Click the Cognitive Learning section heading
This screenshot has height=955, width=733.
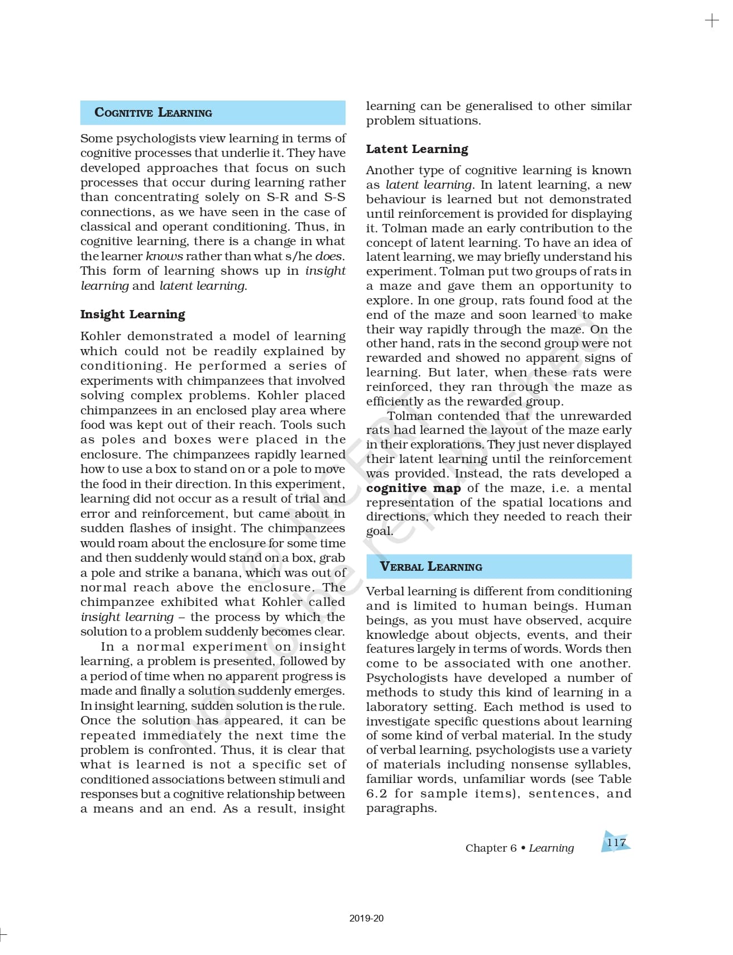click(x=154, y=112)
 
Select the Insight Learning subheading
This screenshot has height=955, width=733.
click(x=132, y=314)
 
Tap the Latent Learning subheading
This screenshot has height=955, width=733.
click(x=417, y=149)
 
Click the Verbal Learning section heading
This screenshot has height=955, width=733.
click(x=430, y=566)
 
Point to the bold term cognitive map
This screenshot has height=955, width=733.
click(x=413, y=488)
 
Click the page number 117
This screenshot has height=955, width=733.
click(x=616, y=842)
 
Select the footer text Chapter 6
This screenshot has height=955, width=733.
click(x=491, y=848)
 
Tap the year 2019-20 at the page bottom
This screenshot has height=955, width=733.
click(x=366, y=918)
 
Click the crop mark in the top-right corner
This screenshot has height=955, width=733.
click(x=712, y=21)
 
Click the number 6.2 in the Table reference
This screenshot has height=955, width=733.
click(x=377, y=794)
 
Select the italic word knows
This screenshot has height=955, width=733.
click(x=164, y=256)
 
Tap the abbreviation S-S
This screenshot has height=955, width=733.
click(x=334, y=197)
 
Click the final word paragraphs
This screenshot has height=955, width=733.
click(x=401, y=808)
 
